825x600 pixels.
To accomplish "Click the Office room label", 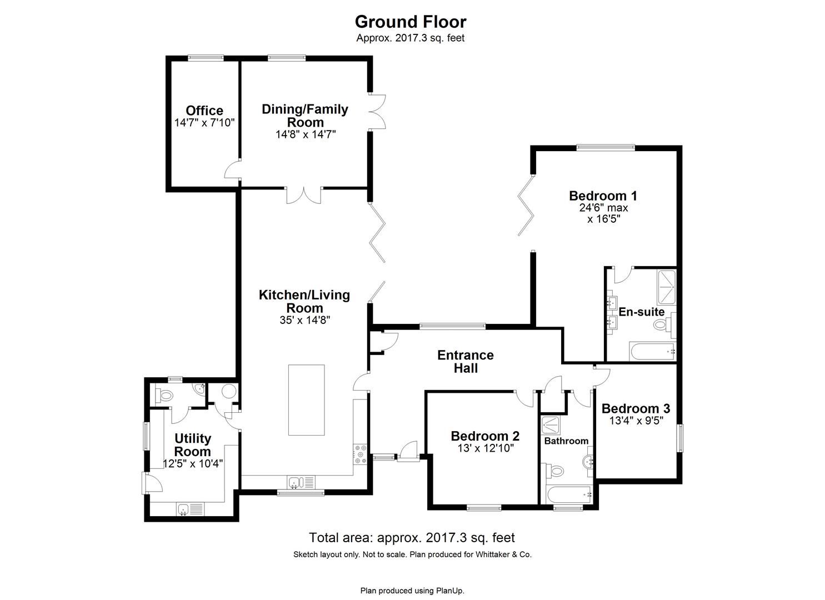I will pos(204,111).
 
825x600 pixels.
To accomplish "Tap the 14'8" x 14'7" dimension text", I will pos(306,134).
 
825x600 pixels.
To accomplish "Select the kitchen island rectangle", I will pos(306,400).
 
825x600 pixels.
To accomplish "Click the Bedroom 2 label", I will pos(485,436).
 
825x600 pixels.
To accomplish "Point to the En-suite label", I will pos(642,312).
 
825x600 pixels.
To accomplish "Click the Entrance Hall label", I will pos(465,361).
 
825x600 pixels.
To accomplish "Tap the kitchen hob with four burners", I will pos(359,454).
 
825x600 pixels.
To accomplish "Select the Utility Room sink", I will pos(184,508).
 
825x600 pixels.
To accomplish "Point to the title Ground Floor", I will pos(411,22).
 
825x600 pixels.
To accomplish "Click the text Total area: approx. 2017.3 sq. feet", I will pos(412,538).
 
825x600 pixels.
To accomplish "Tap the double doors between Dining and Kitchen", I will pos(304,196).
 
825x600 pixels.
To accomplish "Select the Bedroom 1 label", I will pos(603,196).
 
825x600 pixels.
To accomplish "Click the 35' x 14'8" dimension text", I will pos(305,320).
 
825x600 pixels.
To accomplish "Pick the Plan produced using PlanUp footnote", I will pos(412,591).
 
